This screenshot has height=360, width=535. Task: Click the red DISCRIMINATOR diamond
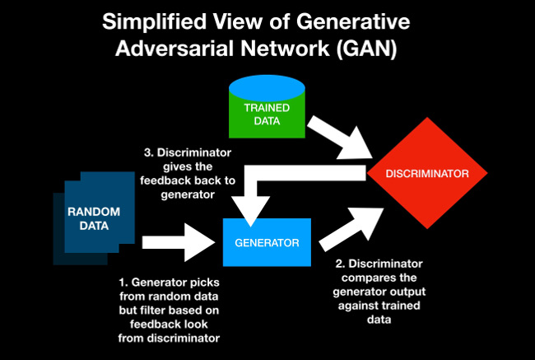coord(427,174)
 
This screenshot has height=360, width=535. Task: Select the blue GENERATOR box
coord(267,242)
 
